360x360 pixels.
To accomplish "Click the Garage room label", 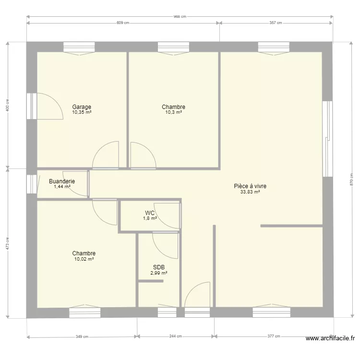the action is (x=82, y=107).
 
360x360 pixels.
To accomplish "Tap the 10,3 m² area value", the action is (x=174, y=112).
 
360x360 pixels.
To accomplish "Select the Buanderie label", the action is (x=62, y=181).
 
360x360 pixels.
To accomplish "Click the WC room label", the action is (x=150, y=213).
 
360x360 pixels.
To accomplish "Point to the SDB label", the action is (x=159, y=267).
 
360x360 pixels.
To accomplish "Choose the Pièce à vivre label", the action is (x=250, y=186).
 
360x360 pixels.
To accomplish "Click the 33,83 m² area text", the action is (x=250, y=192).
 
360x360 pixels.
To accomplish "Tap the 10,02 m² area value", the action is (x=84, y=259).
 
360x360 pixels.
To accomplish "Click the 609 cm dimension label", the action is (x=123, y=23).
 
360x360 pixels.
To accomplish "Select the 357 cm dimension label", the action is (x=276, y=23).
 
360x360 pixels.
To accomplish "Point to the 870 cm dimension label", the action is (x=351, y=180).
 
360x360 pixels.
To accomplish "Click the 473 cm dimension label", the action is (x=8, y=243).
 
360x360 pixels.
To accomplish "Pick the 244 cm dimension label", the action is (x=176, y=336).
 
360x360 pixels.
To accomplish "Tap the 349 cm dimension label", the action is (x=82, y=336).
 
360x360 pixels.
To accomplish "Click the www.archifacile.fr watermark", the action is (x=330, y=338).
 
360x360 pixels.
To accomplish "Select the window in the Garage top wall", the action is (x=79, y=48).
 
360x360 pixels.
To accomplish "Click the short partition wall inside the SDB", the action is (x=151, y=281).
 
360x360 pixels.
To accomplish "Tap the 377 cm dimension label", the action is (x=274, y=336).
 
